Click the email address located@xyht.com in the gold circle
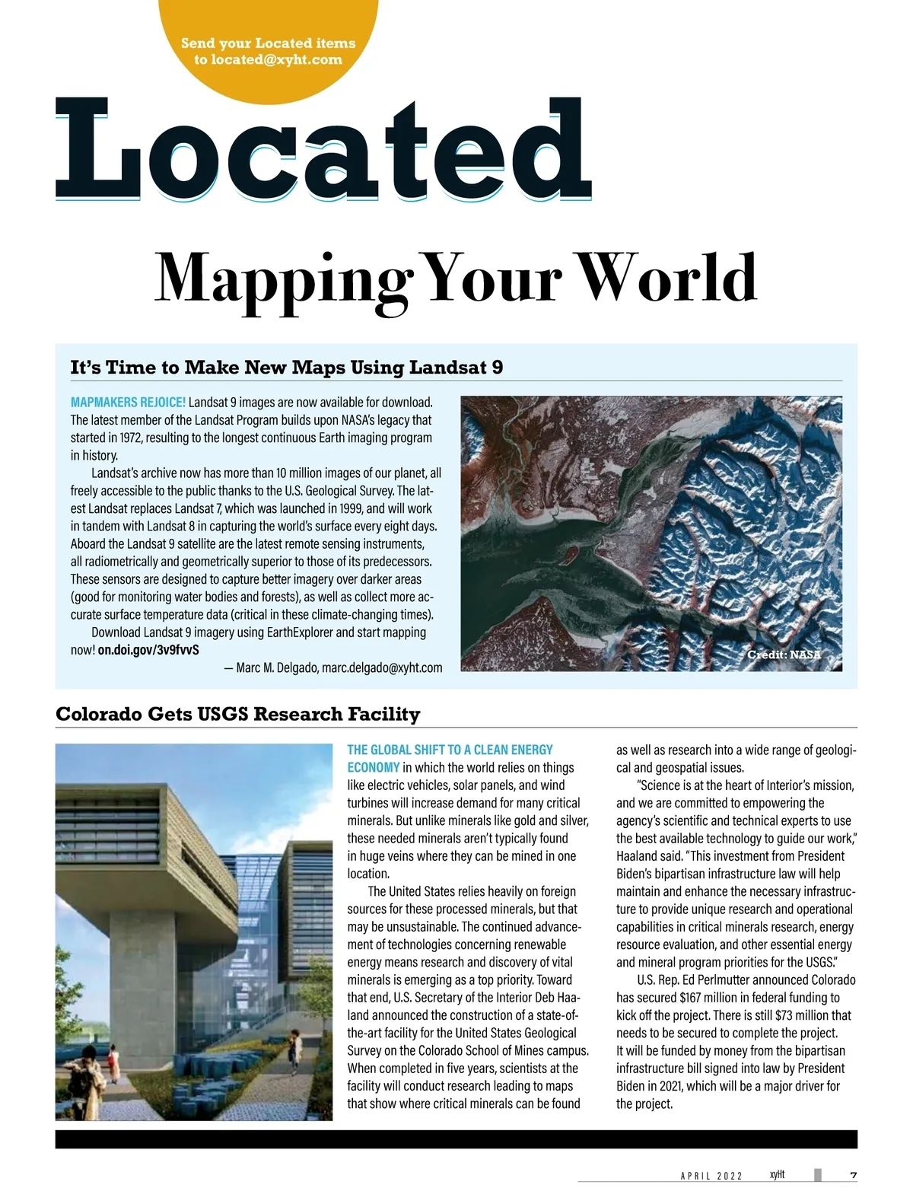point(268,59)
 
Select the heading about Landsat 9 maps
point(286,368)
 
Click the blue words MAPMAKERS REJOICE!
point(128,402)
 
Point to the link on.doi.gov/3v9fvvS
point(148,650)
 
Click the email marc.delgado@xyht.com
point(382,667)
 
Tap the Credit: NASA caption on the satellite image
point(784,655)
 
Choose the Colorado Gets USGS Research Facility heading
point(237,714)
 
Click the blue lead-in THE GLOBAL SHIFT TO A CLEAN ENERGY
point(450,750)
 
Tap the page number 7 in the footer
point(853,1176)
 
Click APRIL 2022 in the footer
point(711,1177)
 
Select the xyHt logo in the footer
point(777,1175)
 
